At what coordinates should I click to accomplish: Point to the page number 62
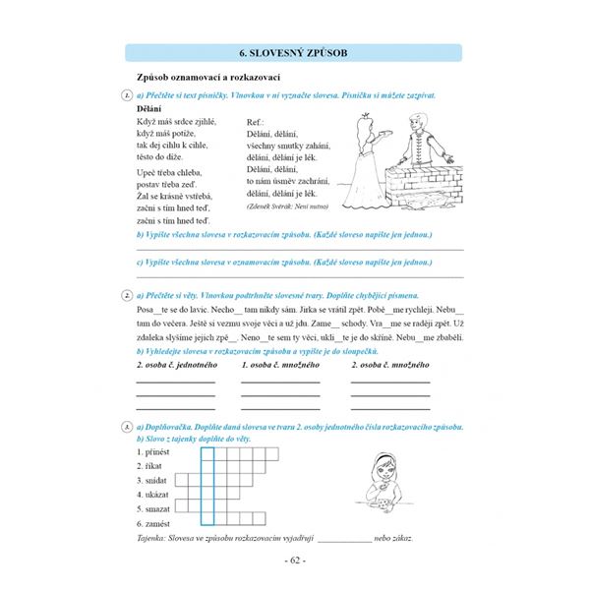click(x=295, y=561)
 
